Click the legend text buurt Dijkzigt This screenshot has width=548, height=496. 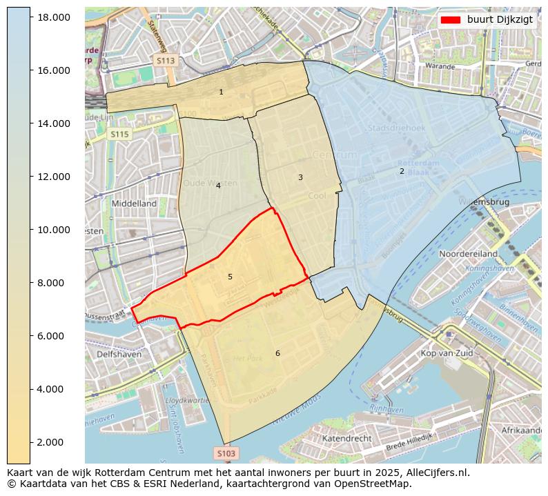coord(500,19)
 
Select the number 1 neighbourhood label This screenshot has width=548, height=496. coord(221,92)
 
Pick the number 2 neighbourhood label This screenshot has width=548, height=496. coord(402,171)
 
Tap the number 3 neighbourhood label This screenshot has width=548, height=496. coord(300,177)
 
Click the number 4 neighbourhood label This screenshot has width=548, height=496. coord(218,186)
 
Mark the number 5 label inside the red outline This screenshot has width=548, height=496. coord(230,277)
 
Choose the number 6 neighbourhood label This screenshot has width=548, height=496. coord(277,353)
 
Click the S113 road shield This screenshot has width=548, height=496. coord(166,61)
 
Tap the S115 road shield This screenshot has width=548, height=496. coord(119,135)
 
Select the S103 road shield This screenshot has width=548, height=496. coord(226,453)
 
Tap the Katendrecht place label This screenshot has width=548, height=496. coord(347,438)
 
